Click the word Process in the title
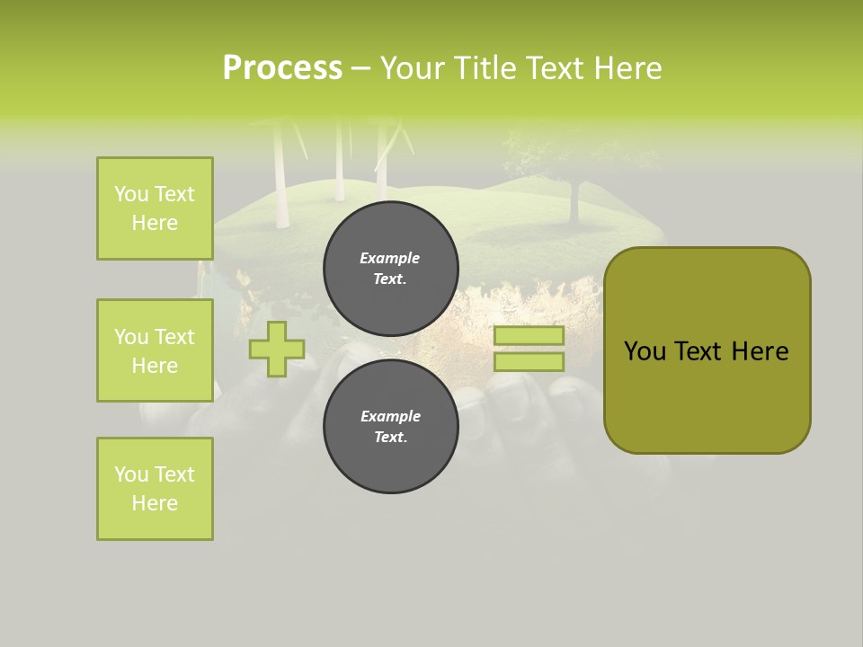click(282, 68)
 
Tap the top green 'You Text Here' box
click(155, 208)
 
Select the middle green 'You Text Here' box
click(155, 350)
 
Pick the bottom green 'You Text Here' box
click(155, 489)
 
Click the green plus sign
click(277, 349)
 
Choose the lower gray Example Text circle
click(391, 427)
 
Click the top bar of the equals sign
click(529, 336)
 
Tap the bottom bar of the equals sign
click(529, 361)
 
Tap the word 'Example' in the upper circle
click(390, 258)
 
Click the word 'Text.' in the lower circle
click(390, 438)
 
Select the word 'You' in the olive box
click(645, 351)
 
